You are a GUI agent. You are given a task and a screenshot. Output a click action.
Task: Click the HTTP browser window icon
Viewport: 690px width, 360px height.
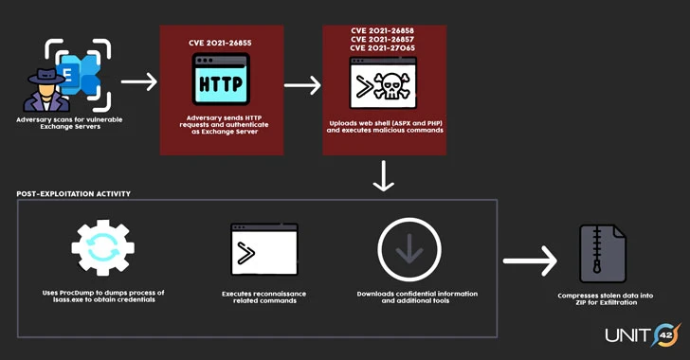pyautogui.click(x=222, y=81)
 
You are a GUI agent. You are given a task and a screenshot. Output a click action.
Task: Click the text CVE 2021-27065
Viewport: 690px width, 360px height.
pyautogui.click(x=382, y=48)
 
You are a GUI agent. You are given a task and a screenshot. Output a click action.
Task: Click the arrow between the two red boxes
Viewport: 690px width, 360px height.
pyautogui.click(x=302, y=85)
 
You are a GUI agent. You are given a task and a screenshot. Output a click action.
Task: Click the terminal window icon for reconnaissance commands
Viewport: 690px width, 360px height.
pyautogui.click(x=263, y=250)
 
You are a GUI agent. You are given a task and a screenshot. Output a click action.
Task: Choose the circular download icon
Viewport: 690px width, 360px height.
pyautogui.click(x=409, y=249)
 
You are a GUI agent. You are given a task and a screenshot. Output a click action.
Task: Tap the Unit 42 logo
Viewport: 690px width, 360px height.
pyautogui.click(x=642, y=334)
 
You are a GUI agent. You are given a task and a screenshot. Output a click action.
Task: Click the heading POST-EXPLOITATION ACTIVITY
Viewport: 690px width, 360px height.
pyautogui.click(x=74, y=193)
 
